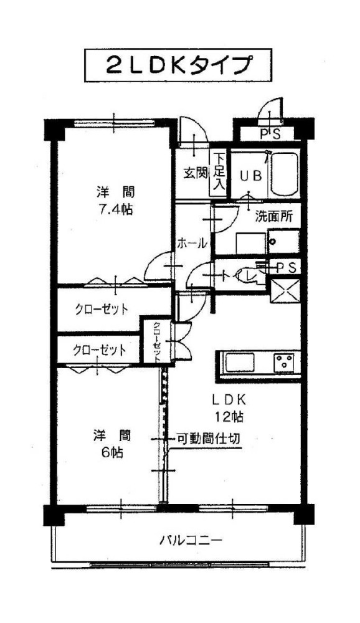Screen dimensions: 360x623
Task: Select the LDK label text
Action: click(x=229, y=398)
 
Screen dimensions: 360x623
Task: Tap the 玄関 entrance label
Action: click(x=195, y=173)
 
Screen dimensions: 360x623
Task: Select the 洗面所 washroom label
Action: click(x=274, y=216)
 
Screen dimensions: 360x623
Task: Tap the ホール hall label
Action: click(x=192, y=243)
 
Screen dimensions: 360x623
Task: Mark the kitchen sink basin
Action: click(x=240, y=363)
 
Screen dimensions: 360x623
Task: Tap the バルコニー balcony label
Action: click(x=191, y=541)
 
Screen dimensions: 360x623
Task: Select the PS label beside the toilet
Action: click(x=287, y=268)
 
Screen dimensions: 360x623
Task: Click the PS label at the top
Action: click(x=270, y=134)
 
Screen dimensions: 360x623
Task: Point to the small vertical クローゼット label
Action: click(x=158, y=341)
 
